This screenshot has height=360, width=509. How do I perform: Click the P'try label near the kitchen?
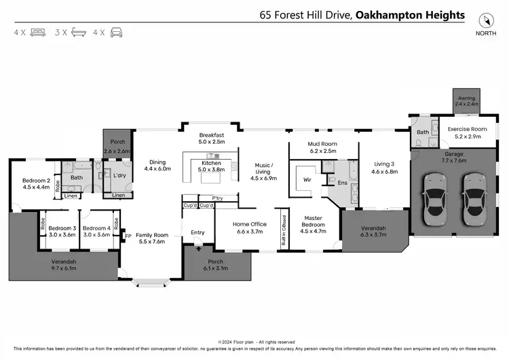coord(217,198)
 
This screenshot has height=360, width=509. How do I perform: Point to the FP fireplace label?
coord(128,236)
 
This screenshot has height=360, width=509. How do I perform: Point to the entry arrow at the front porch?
coord(197,249)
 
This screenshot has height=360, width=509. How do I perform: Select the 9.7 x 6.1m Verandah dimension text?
coord(65,268)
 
